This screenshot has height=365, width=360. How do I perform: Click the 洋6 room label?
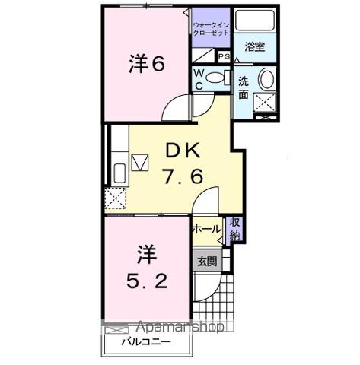pyautogui.click(x=146, y=65)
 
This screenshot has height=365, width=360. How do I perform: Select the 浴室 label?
pyautogui.click(x=254, y=47)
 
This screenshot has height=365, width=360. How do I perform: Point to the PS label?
pyautogui.click(x=224, y=56)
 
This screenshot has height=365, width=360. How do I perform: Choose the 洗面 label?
pyautogui.click(x=244, y=87)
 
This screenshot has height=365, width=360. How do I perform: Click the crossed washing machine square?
pyautogui.click(x=264, y=102)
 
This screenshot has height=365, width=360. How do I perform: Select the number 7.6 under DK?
pyautogui.click(x=182, y=177)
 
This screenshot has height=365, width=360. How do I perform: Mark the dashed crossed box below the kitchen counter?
pyautogui.click(x=117, y=198)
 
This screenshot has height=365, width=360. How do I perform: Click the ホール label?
pyautogui.click(x=205, y=228)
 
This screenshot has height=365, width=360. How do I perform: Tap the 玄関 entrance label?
pyautogui.click(x=206, y=261)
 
